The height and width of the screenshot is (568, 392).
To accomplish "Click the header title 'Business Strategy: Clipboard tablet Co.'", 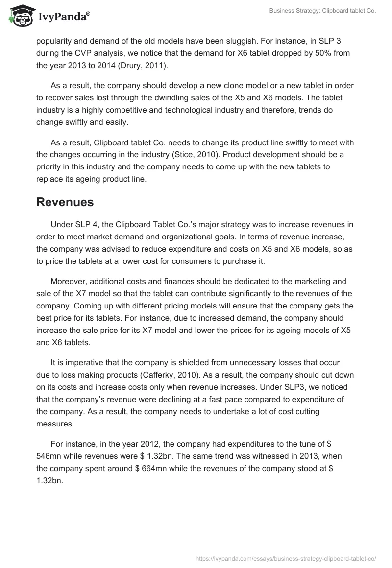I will [x=322, y=11].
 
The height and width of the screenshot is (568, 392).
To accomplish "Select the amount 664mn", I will [x=162, y=468].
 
